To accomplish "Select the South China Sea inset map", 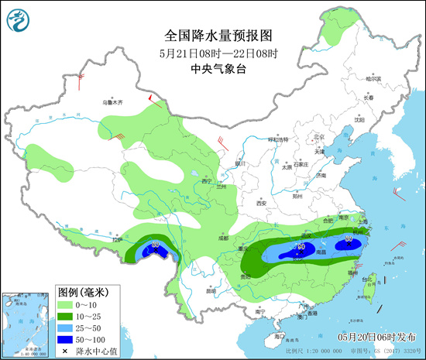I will (x=26, y=323).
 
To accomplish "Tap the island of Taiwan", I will (x=365, y=288).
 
